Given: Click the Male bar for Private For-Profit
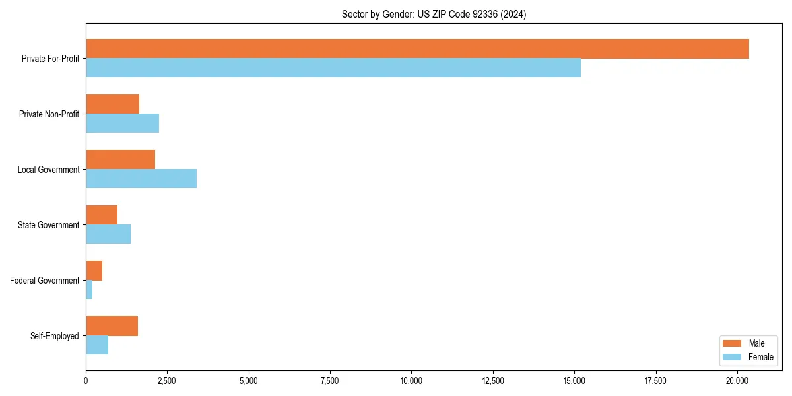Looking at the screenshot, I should pyautogui.click(x=417, y=49).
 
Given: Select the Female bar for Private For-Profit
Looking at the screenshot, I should pyautogui.click(x=333, y=68).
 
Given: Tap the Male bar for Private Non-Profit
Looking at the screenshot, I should pyautogui.click(x=112, y=104).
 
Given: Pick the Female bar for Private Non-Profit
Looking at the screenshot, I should pyautogui.click(x=122, y=123).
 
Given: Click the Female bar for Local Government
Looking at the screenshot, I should pyautogui.click(x=141, y=179).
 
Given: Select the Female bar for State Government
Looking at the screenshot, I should pyautogui.click(x=108, y=234).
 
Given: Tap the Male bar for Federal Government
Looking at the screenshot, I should pyautogui.click(x=94, y=271).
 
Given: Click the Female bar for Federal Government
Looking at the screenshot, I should pyautogui.click(x=89, y=290).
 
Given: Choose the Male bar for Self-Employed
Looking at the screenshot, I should pyautogui.click(x=112, y=326).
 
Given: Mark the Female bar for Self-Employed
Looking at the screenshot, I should pyautogui.click(x=97, y=345).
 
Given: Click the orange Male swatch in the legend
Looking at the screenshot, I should pyautogui.click(x=733, y=343).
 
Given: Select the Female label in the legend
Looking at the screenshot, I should pyautogui.click(x=760, y=357).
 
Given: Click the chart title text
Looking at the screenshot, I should pyautogui.click(x=434, y=14).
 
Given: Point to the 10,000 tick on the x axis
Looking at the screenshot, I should pyautogui.click(x=411, y=381).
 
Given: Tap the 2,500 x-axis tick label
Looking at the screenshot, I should pyautogui.click(x=167, y=381).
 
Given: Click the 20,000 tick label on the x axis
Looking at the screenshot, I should pyautogui.click(x=737, y=381).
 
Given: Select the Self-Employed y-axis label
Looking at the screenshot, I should pyautogui.click(x=55, y=336).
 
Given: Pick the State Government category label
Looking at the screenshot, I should pyautogui.click(x=48, y=225).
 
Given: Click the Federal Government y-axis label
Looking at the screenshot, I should pyautogui.click(x=45, y=280).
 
